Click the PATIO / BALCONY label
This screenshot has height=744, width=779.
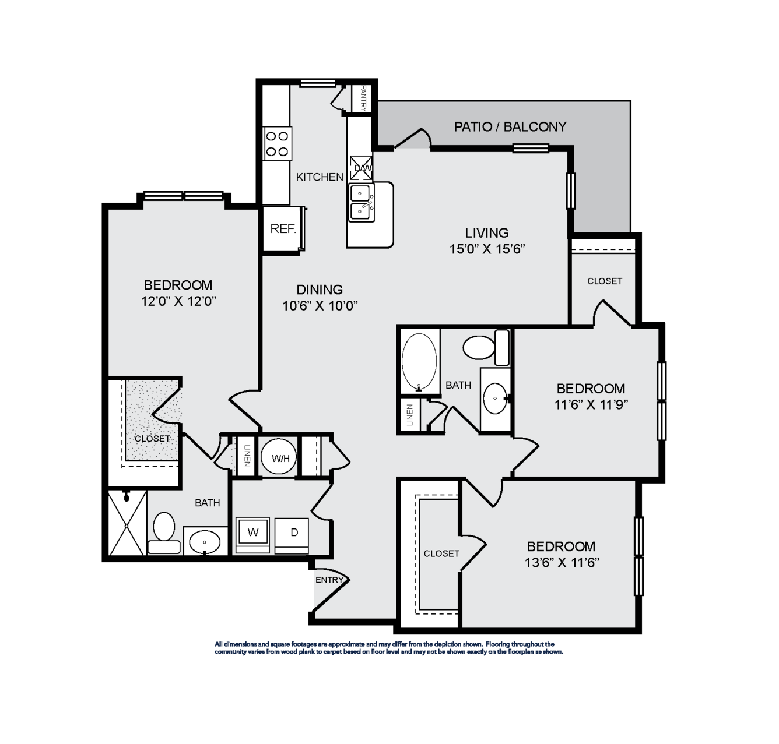pyautogui.click(x=510, y=127)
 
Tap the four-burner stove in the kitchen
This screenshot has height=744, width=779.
pyautogui.click(x=277, y=144)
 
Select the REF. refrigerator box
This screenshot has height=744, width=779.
pyautogui.click(x=282, y=229)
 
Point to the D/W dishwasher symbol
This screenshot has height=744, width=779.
pyautogui.click(x=361, y=168)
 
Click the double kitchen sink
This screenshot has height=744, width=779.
pyautogui.click(x=362, y=203)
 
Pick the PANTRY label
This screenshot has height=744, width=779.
pyautogui.click(x=363, y=98)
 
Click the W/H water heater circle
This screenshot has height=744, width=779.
pyautogui.click(x=279, y=457)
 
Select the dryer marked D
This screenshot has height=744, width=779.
pyautogui.click(x=292, y=534)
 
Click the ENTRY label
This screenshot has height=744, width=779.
pyautogui.click(x=329, y=580)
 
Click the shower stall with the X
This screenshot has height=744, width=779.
pyautogui.click(x=127, y=523)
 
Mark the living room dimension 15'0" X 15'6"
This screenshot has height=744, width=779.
pyautogui.click(x=487, y=249)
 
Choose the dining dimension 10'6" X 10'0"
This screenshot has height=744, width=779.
pyautogui.click(x=320, y=306)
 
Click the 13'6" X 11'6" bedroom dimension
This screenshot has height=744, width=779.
pyautogui.click(x=562, y=563)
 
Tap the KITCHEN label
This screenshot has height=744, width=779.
pyautogui.click(x=320, y=177)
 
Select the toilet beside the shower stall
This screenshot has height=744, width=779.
pyautogui.click(x=164, y=533)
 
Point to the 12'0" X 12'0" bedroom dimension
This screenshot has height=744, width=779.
pyautogui.click(x=178, y=301)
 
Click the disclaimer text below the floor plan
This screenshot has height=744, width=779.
pyautogui.click(x=389, y=648)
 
